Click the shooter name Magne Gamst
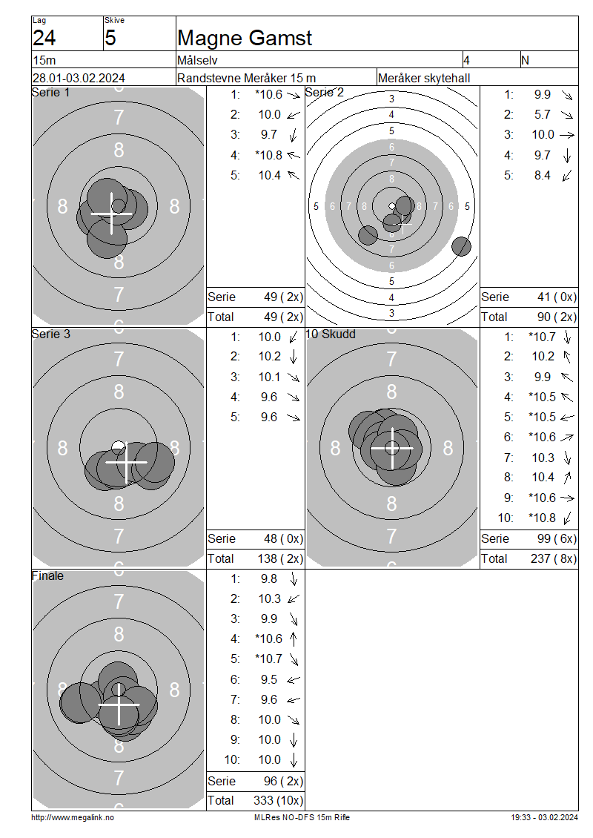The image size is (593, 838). (244, 38)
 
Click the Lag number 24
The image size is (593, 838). (44, 38)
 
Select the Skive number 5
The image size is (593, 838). (110, 38)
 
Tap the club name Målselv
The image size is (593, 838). (197, 60)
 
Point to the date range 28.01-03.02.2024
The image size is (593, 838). (79, 78)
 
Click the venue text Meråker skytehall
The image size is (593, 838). (424, 78)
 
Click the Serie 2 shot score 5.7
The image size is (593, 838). (543, 114)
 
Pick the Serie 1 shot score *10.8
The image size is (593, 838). (269, 155)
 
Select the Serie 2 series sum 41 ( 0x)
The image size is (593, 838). (557, 297)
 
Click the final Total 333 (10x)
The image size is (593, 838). (278, 801)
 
